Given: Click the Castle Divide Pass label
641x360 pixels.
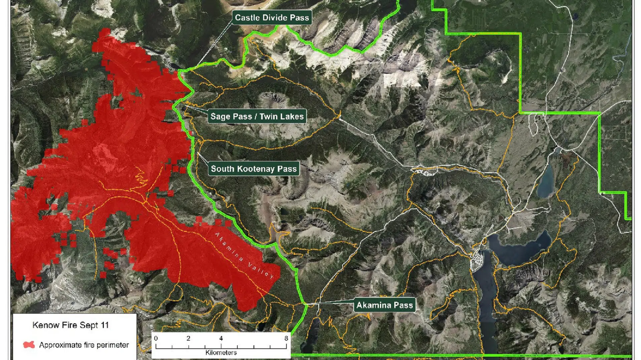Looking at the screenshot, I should (x=272, y=18).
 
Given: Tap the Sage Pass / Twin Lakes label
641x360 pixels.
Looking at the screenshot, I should (x=257, y=116).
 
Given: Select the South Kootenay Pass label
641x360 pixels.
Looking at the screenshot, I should (x=254, y=169).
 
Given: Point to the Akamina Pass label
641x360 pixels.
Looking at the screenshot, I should (x=384, y=305).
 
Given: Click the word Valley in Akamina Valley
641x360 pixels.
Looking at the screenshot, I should (x=261, y=270).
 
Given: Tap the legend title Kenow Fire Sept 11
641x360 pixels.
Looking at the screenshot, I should (x=70, y=325).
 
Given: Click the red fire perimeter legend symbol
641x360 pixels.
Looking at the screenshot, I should (x=29, y=345).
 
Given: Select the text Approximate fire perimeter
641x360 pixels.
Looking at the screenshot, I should (x=84, y=345).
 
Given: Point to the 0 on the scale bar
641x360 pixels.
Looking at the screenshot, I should (x=156, y=338).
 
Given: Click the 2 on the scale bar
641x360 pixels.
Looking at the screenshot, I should (x=188, y=338).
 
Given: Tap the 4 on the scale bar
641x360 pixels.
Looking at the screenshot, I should (x=221, y=338).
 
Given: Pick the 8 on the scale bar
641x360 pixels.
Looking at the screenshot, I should (x=286, y=338).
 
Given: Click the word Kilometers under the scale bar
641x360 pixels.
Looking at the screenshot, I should (x=221, y=353).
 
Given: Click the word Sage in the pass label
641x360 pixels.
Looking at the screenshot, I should (x=220, y=116).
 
